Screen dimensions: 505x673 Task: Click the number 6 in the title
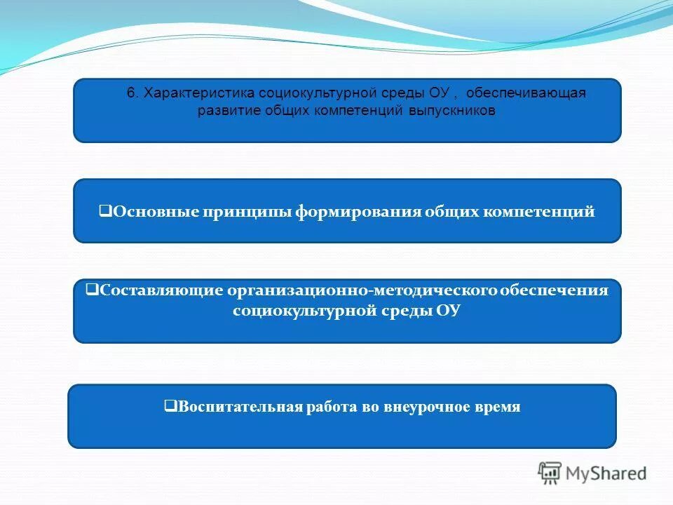[130, 94]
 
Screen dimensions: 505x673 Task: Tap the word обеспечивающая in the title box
[526, 94]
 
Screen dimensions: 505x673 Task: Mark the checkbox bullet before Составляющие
[90, 288]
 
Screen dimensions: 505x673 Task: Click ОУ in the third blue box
[448, 311]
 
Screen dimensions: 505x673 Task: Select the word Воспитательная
[239, 407]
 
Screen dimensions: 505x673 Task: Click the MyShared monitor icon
[550, 473]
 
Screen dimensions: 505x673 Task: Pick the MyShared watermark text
[606, 474]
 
